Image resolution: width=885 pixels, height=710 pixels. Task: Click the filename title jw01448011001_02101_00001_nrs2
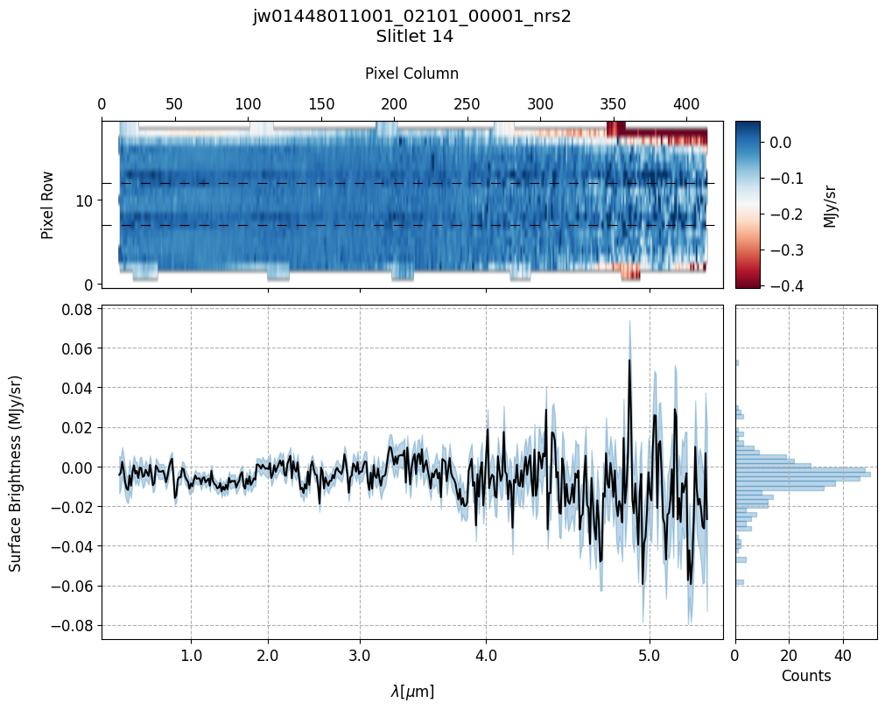tap(411, 17)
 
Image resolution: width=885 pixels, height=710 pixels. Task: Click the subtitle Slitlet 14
tap(411, 37)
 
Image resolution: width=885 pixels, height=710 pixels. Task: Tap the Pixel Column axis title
tap(411, 74)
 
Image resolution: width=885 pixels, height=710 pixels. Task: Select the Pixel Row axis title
tap(47, 204)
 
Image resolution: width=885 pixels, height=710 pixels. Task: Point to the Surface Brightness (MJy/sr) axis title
tap(16, 473)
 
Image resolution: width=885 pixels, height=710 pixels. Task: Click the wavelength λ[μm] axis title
tap(411, 692)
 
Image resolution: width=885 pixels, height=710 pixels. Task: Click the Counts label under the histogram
tap(805, 676)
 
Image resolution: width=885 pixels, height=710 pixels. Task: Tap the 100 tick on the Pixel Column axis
tap(248, 104)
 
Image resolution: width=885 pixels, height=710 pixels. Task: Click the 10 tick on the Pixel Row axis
tap(85, 200)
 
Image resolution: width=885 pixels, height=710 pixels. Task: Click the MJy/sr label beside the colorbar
tap(831, 204)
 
